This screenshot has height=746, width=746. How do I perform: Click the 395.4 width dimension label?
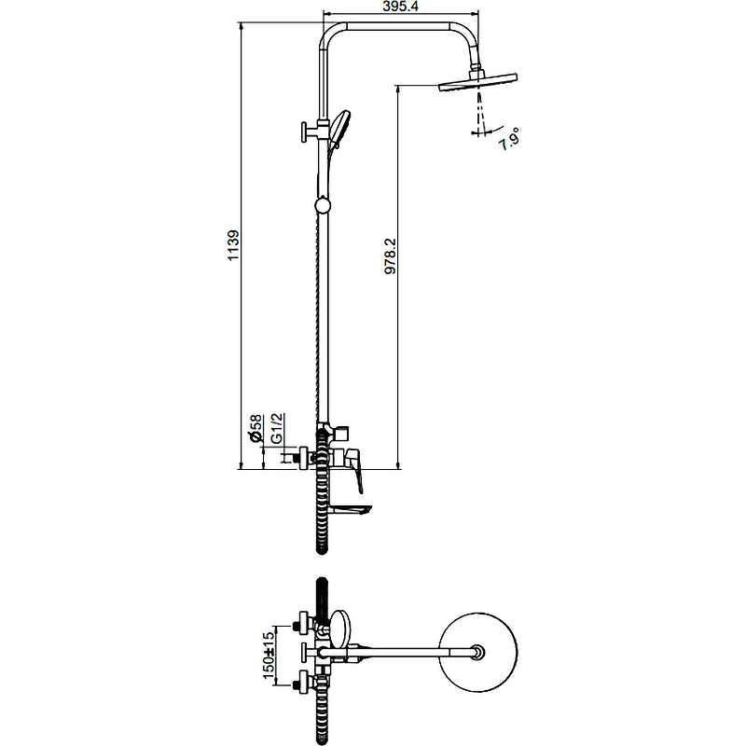(400, 7)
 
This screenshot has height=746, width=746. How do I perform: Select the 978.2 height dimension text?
(392, 255)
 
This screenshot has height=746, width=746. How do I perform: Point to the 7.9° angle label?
(509, 140)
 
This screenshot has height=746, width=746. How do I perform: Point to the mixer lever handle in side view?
(357, 471)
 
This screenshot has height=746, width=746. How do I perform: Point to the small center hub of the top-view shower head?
(478, 653)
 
